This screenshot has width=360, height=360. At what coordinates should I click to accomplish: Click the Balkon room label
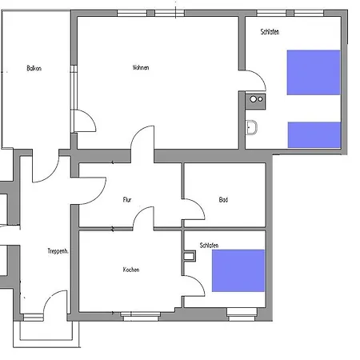point(34,69)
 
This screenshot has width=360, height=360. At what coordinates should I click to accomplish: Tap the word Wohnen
point(141,67)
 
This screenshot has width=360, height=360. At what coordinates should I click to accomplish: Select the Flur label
point(127,199)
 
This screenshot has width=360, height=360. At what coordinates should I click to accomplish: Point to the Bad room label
point(223,199)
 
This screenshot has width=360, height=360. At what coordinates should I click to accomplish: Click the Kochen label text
point(131,270)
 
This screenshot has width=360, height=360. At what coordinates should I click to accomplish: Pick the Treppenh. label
point(57,251)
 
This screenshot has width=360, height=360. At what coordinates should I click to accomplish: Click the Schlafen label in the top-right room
point(270,31)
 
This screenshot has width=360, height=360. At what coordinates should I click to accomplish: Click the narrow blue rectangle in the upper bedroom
point(314,134)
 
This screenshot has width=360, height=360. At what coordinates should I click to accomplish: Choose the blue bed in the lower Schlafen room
point(238,270)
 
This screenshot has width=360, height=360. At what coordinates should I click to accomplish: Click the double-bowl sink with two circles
point(256,99)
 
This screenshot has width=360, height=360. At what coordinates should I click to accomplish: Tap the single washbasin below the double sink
point(253,127)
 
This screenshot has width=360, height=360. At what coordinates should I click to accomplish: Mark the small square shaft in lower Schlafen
point(189,257)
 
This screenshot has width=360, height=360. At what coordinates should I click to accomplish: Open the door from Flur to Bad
point(193,210)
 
